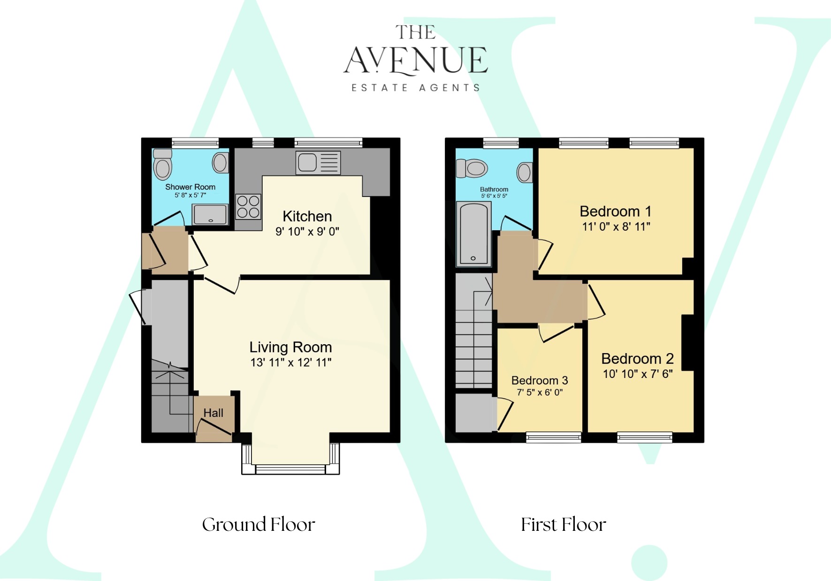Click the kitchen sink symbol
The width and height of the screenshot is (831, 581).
point(318,163)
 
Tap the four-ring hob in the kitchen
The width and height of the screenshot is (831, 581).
point(248,207)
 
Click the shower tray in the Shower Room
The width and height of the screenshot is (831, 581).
point(210,215)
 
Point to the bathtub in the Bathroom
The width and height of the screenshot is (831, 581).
point(473,234)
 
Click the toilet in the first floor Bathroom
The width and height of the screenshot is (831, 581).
point(473,168)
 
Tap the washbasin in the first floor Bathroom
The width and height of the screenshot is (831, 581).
point(525,173)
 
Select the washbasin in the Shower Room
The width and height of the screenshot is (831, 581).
point(221,163)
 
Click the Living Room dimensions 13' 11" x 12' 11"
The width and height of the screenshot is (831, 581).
point(291,362)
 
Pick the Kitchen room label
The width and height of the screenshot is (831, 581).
point(307,216)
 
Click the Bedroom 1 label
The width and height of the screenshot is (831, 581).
point(616,211)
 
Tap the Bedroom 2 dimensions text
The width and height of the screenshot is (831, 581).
point(638,374)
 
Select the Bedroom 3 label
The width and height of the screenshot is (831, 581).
point(540,380)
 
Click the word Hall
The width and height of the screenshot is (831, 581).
point(213,413)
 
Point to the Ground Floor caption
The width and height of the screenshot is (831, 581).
point(259,524)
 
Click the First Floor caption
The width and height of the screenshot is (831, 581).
point(564,524)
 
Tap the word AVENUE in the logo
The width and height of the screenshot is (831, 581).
point(416,60)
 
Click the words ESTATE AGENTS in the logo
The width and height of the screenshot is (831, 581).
point(416,88)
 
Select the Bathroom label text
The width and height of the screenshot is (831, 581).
point(494,189)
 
